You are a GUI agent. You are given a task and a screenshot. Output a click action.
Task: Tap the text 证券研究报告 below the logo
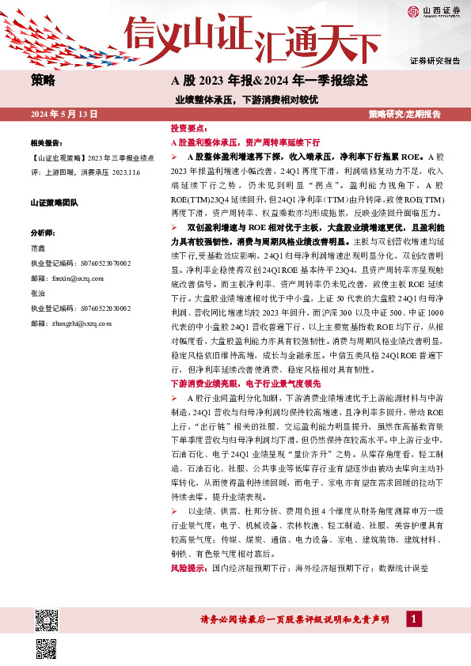tap(435, 61)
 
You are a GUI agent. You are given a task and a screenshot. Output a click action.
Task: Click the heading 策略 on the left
tap(43, 80)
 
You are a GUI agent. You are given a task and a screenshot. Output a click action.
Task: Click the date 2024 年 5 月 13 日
tap(63, 115)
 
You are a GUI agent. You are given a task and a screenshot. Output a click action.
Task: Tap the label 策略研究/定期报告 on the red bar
tap(405, 115)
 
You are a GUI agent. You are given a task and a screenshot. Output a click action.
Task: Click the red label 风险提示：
tap(188, 569)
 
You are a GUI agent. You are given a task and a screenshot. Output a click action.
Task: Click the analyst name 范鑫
tap(37, 248)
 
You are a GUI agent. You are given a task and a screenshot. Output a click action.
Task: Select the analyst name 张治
tap(37, 293)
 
